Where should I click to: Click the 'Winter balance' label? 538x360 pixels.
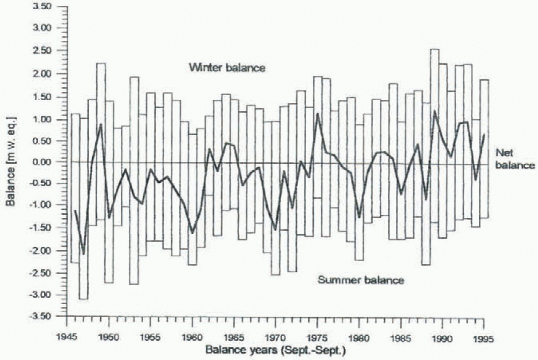(227, 68)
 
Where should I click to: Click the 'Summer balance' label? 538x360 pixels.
(360, 280)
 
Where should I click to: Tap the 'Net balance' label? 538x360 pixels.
(514, 159)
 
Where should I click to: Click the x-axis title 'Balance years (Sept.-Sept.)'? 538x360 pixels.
(276, 350)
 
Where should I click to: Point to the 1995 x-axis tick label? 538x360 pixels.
(483, 339)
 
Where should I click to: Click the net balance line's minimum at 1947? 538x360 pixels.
(83, 254)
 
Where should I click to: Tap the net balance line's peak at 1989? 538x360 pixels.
(435, 111)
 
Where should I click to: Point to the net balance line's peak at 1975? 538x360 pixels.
(318, 114)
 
